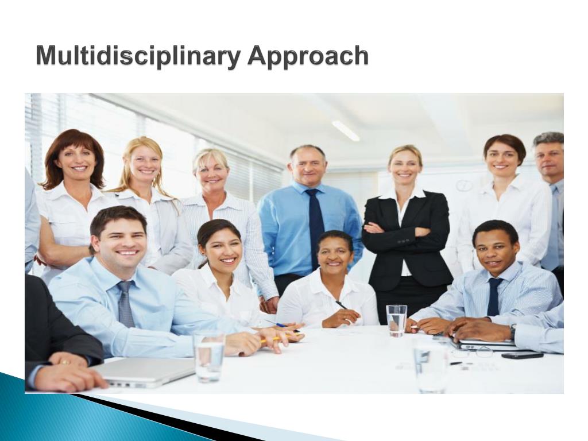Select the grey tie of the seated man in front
126,304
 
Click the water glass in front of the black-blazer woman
396,320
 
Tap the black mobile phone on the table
522,355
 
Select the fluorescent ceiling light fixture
346,130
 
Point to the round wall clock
464,185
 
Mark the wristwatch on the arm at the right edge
512,332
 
